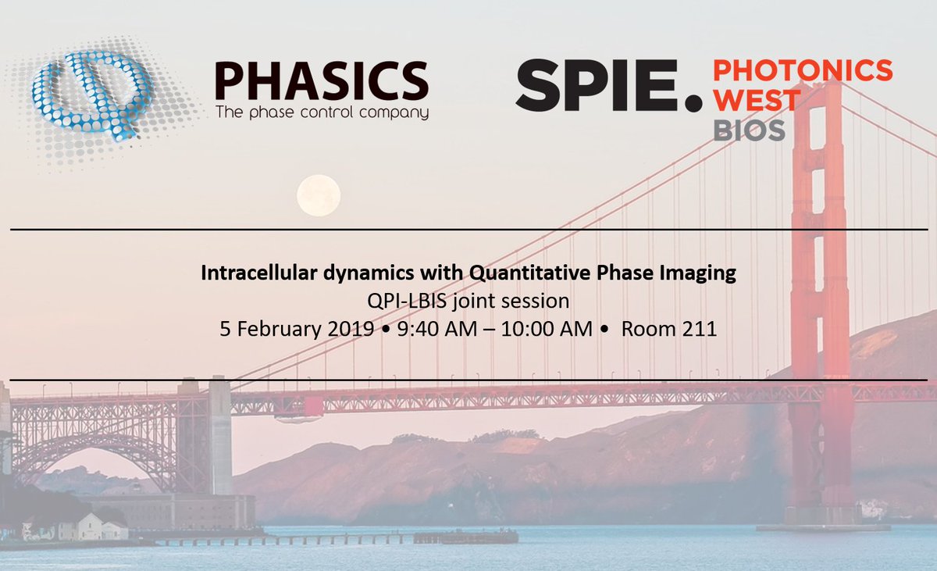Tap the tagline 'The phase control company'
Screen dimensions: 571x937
coord(321,112)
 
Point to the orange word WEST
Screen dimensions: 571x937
coord(757,101)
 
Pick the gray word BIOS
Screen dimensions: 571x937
coord(749,130)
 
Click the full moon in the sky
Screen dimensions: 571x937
coord(319,194)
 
